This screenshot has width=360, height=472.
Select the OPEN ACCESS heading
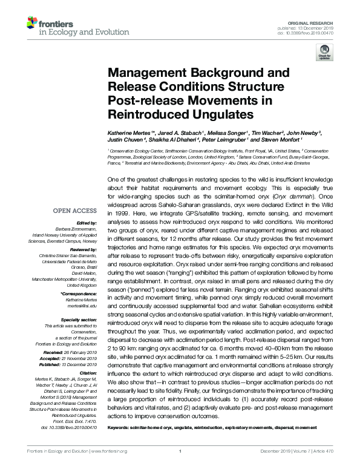click(77, 212)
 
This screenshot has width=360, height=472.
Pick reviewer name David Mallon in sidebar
click(84, 273)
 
